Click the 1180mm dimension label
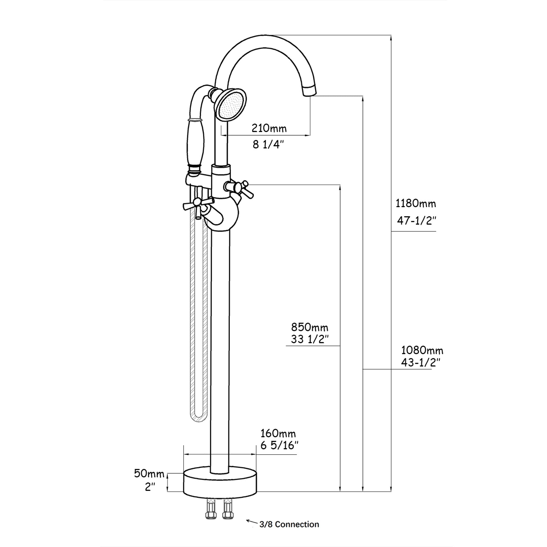pos(415,203)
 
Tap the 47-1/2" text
pos(416,221)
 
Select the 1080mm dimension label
pos(422,350)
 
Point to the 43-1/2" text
pos(421,362)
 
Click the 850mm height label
pos(310,327)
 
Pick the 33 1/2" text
pos(310,339)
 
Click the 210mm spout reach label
pos(269,129)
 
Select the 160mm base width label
pos(278,433)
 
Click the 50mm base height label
pos(149,474)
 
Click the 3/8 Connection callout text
pos(289,524)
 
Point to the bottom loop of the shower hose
pos(199,419)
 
